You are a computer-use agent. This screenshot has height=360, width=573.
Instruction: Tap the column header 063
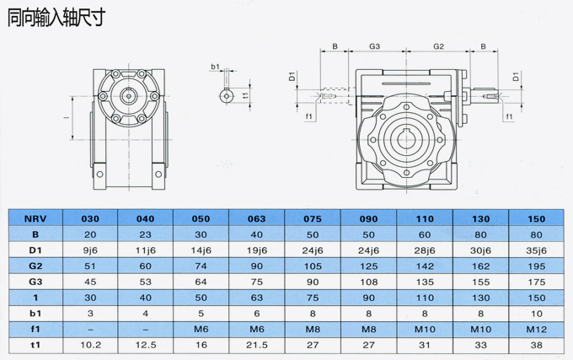[x=256, y=218]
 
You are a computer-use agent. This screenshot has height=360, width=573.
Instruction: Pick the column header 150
[x=537, y=218]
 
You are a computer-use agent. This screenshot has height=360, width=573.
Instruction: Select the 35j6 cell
[x=537, y=249]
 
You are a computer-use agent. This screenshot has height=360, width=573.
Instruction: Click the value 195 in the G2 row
[x=537, y=265]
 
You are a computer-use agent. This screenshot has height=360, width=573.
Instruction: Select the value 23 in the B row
[x=145, y=233]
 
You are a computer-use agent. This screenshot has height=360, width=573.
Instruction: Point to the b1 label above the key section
[x=215, y=66]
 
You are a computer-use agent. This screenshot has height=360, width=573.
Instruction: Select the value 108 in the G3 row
[x=368, y=280]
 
